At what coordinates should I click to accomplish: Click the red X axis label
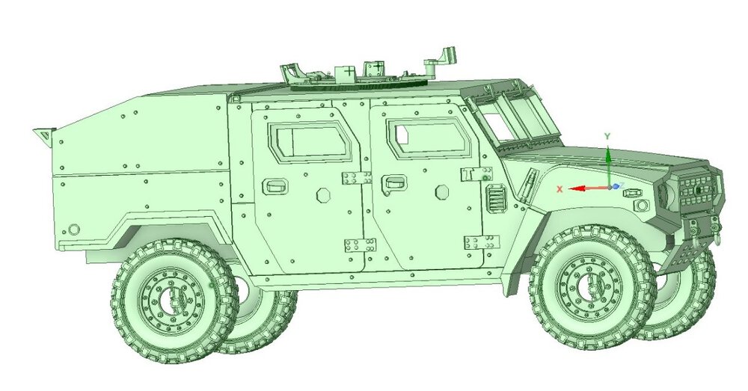coord(560,189)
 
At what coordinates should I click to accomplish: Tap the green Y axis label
coord(607,136)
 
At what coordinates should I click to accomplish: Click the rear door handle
coord(276,185)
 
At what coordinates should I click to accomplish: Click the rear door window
coord(308,141)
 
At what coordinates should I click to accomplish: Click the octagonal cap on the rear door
coord(323,195)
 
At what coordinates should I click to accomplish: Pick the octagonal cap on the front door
coord(442,191)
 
